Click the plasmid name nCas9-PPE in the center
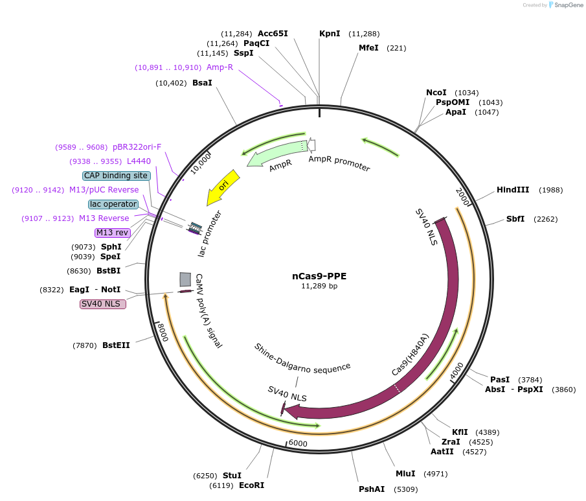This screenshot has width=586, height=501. point(319,275)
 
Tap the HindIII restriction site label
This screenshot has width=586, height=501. point(513,190)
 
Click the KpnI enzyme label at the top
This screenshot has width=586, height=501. point(330,34)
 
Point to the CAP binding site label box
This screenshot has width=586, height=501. point(117,176)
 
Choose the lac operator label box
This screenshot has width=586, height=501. point(113,204)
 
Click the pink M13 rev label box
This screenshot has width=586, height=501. point(112,233)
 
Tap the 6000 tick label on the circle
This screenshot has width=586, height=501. point(298,443)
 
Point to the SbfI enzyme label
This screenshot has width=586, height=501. point(515,219)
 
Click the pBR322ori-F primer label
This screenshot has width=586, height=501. point(137,147)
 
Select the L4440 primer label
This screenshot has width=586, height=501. point(139,161)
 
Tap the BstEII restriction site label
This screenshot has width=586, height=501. point(116,345)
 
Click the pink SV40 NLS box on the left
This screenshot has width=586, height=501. point(103,304)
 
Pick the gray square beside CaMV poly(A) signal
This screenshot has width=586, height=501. point(185,279)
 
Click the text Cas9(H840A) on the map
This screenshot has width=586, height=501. point(411,355)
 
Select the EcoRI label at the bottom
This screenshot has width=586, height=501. point(251,485)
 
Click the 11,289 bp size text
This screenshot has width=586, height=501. point(319,286)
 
